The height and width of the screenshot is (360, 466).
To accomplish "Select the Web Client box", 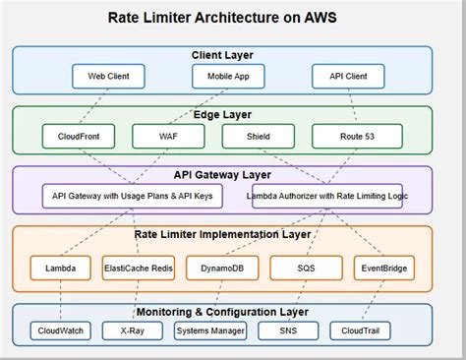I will point(108,75).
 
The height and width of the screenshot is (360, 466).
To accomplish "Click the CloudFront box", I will point(78,135).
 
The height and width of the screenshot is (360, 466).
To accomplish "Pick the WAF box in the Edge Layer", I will point(168,135).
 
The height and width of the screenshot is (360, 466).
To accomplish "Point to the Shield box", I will point(258,135).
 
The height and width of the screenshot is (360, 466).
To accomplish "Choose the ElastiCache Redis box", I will point(138,267).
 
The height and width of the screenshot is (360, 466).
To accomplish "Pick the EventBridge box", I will point(384,267).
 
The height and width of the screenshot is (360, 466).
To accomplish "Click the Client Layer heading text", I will point(221,55).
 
